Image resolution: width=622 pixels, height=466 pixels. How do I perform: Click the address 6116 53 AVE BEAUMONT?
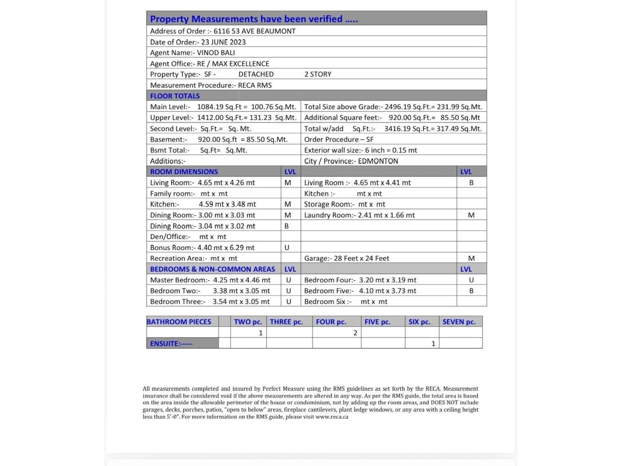[x=254, y=31]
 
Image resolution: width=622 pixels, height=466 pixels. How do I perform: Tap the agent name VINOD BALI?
[x=216, y=53]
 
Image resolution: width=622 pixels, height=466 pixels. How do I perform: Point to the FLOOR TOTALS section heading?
[x=175, y=96]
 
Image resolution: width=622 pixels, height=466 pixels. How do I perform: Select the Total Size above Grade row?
[x=393, y=107]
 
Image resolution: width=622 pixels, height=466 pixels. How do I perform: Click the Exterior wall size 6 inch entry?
[x=360, y=150]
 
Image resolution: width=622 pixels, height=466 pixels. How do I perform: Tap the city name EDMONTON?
[x=378, y=161]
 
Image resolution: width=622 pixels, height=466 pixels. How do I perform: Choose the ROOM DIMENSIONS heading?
[x=184, y=172]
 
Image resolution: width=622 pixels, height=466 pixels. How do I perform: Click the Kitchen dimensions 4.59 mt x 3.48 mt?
[x=227, y=204]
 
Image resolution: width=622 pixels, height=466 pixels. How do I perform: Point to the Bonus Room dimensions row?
[x=202, y=248]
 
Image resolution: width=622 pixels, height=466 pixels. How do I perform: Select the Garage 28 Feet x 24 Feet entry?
[x=346, y=258]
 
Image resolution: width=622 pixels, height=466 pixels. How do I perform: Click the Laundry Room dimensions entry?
[x=359, y=215]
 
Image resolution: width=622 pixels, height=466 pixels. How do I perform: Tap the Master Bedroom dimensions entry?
[x=210, y=280]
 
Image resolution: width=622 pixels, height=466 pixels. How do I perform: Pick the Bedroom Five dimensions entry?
[x=360, y=291]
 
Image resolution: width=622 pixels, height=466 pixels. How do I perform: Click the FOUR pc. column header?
[x=331, y=322]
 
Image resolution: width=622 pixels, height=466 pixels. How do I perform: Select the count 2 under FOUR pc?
[x=355, y=333]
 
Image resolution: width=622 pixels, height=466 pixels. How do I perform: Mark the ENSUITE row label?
[x=171, y=344]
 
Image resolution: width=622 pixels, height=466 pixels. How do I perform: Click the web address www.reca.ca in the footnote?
[x=332, y=417]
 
